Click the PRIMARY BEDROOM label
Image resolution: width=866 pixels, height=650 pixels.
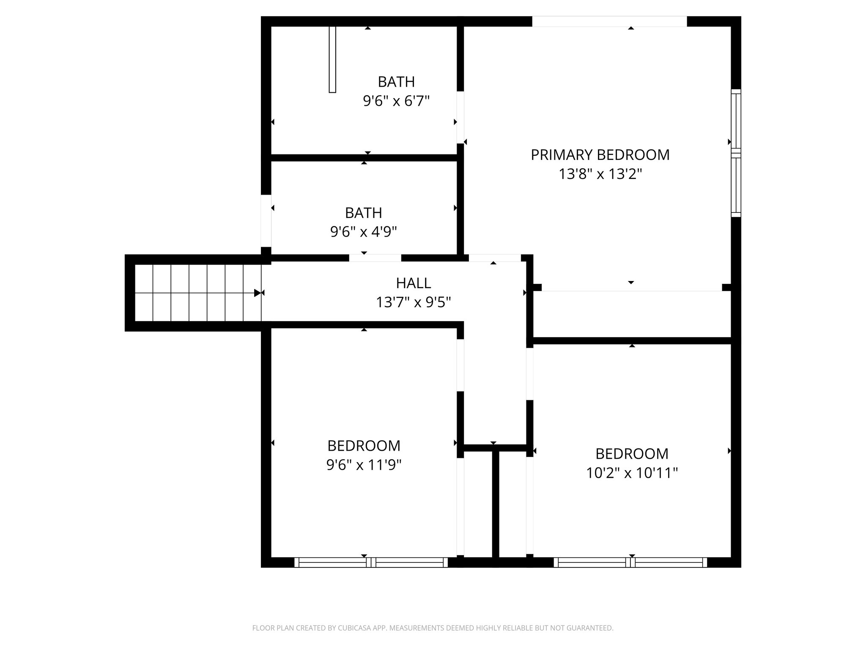pyautogui.click(x=600, y=155)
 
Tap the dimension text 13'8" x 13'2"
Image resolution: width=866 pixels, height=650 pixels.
pyautogui.click(x=600, y=174)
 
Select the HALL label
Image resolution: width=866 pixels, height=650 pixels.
pyautogui.click(x=413, y=283)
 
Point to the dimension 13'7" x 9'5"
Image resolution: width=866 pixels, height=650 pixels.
pyautogui.click(x=413, y=302)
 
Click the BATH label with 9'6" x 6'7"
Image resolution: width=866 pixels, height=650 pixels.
pyautogui.click(x=396, y=82)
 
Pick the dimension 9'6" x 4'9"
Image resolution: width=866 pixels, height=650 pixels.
pyautogui.click(x=363, y=231)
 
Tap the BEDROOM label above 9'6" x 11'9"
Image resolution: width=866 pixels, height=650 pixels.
pyautogui.click(x=364, y=446)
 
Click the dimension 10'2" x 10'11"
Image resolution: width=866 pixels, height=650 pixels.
pyautogui.click(x=632, y=473)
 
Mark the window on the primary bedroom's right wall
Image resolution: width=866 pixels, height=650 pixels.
pyautogui.click(x=736, y=153)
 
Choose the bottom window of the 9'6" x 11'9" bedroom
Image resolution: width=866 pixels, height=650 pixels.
pyautogui.click(x=371, y=562)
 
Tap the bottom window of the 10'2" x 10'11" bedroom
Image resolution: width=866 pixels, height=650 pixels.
pyautogui.click(x=630, y=562)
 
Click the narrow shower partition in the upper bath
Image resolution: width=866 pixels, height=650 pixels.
pyautogui.click(x=332, y=59)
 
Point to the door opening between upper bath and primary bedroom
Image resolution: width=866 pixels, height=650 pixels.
pyautogui.click(x=460, y=117)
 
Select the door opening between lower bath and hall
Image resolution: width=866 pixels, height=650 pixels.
pyautogui.click(x=375, y=258)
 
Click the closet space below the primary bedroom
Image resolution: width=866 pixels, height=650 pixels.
pyautogui.click(x=632, y=314)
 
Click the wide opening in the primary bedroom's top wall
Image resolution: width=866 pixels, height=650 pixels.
pyautogui.click(x=609, y=21)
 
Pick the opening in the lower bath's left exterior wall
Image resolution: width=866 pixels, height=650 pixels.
pyautogui.click(x=266, y=220)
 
